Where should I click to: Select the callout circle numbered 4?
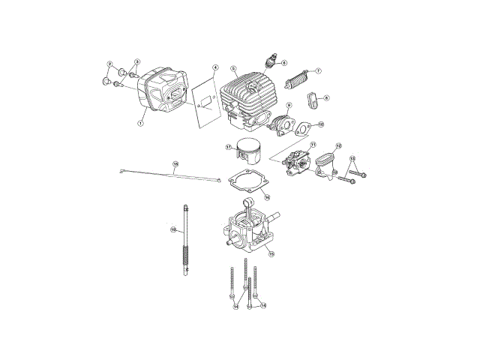tap(214, 68)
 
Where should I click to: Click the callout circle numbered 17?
tap(229, 148)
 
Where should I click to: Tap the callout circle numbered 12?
tap(338, 146)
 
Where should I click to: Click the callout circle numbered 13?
tap(355, 158)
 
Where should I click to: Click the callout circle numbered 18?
tap(175, 163)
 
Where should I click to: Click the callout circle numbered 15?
tap(271, 254)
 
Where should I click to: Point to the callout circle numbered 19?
tap(172, 229)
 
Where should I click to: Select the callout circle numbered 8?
tap(326, 97)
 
